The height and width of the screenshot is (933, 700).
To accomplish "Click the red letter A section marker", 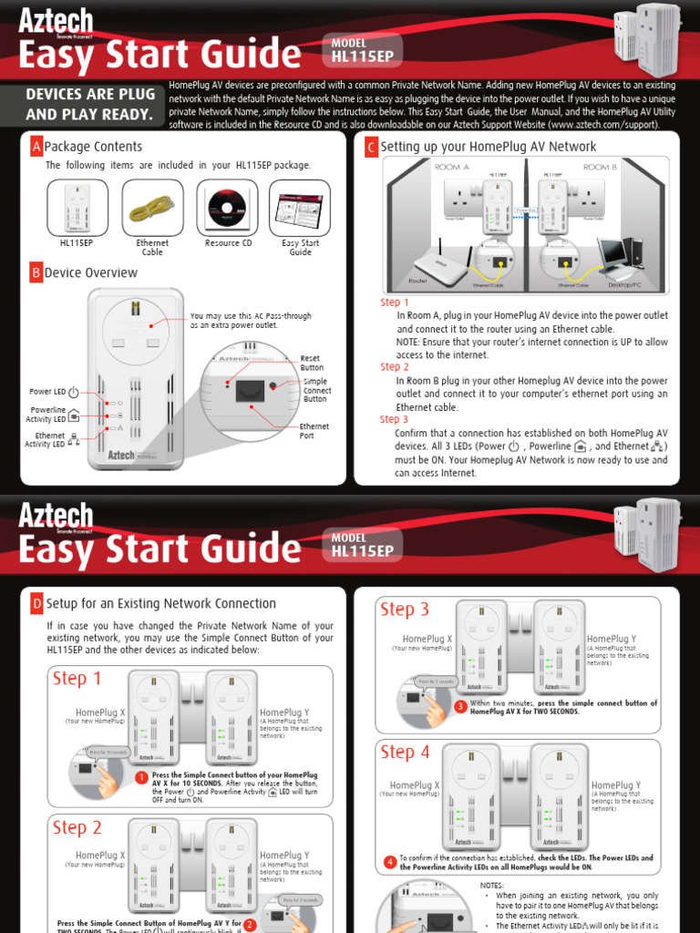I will [x=36, y=147].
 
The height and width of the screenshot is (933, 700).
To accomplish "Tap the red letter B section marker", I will [x=36, y=272].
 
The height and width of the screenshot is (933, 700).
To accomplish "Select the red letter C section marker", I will [x=371, y=147].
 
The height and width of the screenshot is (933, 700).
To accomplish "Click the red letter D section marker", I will [x=36, y=603].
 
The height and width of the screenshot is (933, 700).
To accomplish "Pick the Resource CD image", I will [x=221, y=208].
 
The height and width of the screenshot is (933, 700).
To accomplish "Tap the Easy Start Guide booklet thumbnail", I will [x=300, y=208].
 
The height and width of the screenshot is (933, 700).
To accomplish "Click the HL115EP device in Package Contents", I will [x=77, y=208].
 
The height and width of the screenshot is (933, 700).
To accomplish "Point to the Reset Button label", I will [x=311, y=363].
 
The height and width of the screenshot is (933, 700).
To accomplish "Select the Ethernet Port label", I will [x=314, y=431].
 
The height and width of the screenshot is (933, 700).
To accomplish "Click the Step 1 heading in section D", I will [x=77, y=679].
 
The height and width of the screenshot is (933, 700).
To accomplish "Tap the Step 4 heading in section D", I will [x=405, y=752].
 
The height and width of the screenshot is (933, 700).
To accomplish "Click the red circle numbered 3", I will [x=460, y=706].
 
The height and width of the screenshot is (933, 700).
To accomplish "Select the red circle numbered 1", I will [x=141, y=777].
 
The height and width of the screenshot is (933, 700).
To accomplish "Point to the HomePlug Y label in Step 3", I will [x=612, y=640].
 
